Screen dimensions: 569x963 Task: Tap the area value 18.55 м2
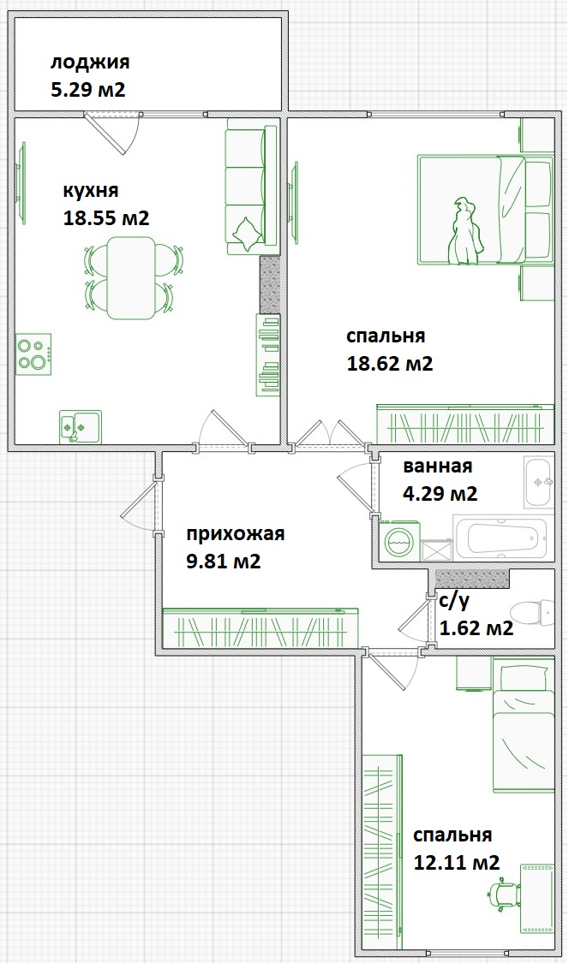tap(106, 218)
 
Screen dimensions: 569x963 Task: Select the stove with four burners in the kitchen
tap(33, 354)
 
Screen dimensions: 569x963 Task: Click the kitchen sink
tap(80, 426)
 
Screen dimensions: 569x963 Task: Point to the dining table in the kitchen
tap(130, 277)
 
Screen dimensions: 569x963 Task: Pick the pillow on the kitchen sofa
tap(248, 234)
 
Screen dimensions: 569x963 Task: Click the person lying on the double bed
tap(464, 231)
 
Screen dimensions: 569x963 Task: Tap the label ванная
tap(437, 467)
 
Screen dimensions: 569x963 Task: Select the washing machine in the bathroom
tap(400, 540)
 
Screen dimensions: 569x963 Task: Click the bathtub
tap(500, 538)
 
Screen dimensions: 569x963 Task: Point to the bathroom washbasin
tap(539, 481)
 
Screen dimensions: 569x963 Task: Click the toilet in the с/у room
tap(532, 612)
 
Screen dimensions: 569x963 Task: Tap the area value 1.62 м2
tap(476, 628)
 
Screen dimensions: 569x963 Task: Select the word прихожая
tap(236, 533)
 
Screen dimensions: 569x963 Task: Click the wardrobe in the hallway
tap(261, 627)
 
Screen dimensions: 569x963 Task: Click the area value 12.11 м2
tap(457, 862)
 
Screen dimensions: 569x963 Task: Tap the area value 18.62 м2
tap(390, 363)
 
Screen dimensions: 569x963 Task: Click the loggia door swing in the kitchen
tap(112, 133)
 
